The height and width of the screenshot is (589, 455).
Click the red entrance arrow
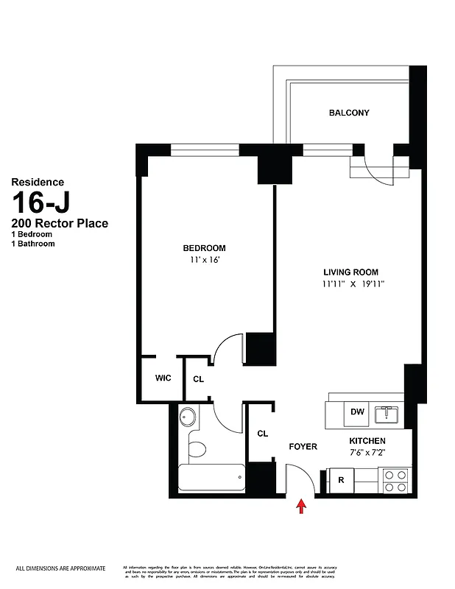(300, 507)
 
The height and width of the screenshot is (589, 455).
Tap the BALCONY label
(349, 113)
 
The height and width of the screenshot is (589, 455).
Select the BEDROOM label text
(205, 248)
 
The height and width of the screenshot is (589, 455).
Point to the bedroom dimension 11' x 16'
(205, 260)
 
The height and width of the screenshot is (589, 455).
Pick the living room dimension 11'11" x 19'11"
(353, 284)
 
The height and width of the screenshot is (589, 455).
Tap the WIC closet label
(163, 378)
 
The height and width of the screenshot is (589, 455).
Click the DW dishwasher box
(358, 412)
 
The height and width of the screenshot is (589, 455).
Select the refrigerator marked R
(342, 480)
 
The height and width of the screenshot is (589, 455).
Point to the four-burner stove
(393, 481)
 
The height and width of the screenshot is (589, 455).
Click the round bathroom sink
(188, 418)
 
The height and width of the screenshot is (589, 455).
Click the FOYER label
(303, 447)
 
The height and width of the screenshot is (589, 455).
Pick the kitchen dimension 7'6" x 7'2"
(367, 452)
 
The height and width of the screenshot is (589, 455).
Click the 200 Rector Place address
(60, 223)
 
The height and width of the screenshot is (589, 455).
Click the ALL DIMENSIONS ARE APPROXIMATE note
(61, 568)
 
